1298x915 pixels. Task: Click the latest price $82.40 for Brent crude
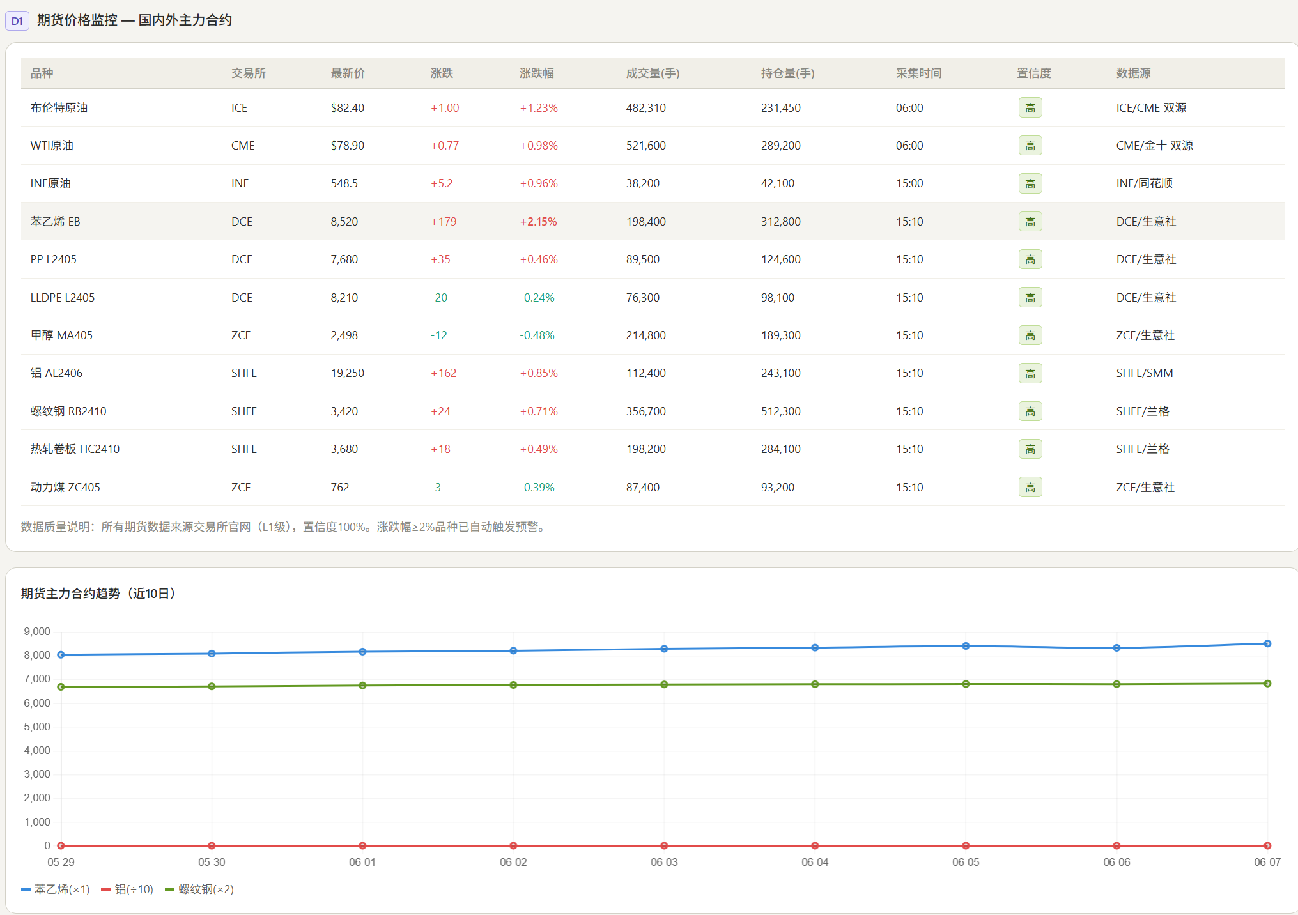point(347,108)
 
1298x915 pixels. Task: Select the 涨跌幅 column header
point(536,73)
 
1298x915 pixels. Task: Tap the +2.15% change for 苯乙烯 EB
point(538,222)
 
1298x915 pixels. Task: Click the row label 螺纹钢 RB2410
point(68,411)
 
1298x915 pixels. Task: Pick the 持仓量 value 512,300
point(780,411)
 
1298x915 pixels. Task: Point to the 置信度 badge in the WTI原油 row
point(1030,146)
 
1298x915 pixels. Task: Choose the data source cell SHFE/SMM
point(1144,373)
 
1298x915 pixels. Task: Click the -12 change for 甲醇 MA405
point(438,335)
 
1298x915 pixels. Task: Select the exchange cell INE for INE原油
point(240,183)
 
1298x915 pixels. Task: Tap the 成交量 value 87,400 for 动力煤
point(642,488)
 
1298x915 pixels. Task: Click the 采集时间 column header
point(918,73)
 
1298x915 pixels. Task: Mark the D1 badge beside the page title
point(17,21)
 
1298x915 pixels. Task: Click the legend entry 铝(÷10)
point(127,889)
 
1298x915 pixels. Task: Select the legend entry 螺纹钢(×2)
point(199,889)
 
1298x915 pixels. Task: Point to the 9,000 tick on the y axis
point(37,632)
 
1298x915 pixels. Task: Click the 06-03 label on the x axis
point(664,862)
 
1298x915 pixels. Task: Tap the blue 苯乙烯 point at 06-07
point(1267,643)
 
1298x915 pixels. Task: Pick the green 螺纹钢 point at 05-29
point(61,687)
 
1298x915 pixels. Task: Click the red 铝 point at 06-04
point(815,845)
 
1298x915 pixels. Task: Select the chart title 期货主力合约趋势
point(70,594)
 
